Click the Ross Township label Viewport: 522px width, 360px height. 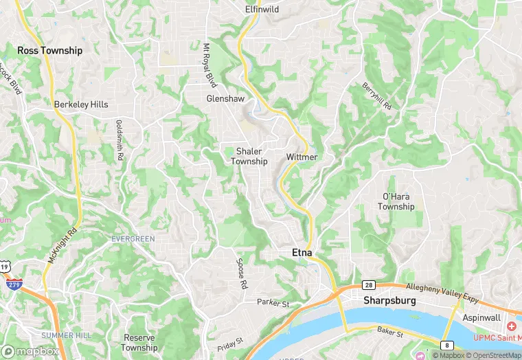click(49, 50)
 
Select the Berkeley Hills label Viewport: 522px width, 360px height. click(81, 104)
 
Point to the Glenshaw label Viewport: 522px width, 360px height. click(226, 99)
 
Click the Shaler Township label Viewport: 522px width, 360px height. click(249, 156)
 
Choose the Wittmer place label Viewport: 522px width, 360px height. click(302, 157)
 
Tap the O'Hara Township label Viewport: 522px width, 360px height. click(397, 202)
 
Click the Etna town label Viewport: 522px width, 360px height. click(297, 254)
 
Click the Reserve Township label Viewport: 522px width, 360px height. click(141, 343)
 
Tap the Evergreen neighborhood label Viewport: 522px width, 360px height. click(133, 238)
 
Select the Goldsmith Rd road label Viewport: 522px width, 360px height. click(120, 141)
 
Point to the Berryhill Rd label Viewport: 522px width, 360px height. click(376, 97)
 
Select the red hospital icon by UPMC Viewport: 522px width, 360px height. click(511, 325)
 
